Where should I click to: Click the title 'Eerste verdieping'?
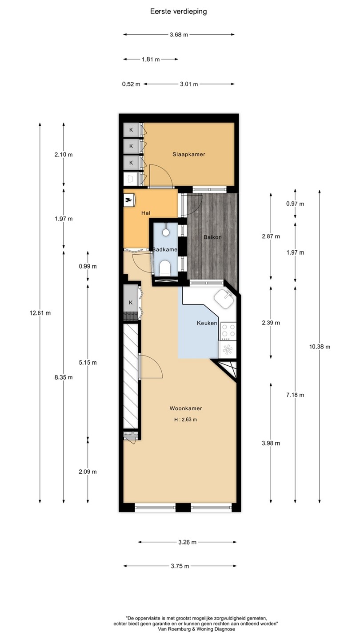[x=179, y=12]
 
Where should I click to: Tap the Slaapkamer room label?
[x=189, y=154]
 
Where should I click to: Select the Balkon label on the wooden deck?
[x=212, y=237]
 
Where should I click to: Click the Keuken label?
[x=207, y=323]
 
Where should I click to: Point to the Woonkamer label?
[x=186, y=408]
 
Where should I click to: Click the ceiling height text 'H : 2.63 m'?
[x=186, y=420]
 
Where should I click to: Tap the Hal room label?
[x=146, y=213]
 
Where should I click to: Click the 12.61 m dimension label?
[x=40, y=313]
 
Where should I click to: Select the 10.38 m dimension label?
[x=320, y=347]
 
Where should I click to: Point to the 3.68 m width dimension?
[x=179, y=35]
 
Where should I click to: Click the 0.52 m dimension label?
[x=131, y=84]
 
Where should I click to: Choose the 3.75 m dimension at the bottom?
[x=180, y=566]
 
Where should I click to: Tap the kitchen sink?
[x=225, y=299]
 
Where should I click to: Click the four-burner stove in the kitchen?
[x=228, y=331]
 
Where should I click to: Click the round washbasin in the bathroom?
[x=166, y=232]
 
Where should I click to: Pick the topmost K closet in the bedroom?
[x=131, y=130]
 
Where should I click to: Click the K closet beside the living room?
[x=131, y=302]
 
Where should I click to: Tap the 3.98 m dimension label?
[x=271, y=443]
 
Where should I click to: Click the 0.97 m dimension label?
[x=295, y=204]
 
